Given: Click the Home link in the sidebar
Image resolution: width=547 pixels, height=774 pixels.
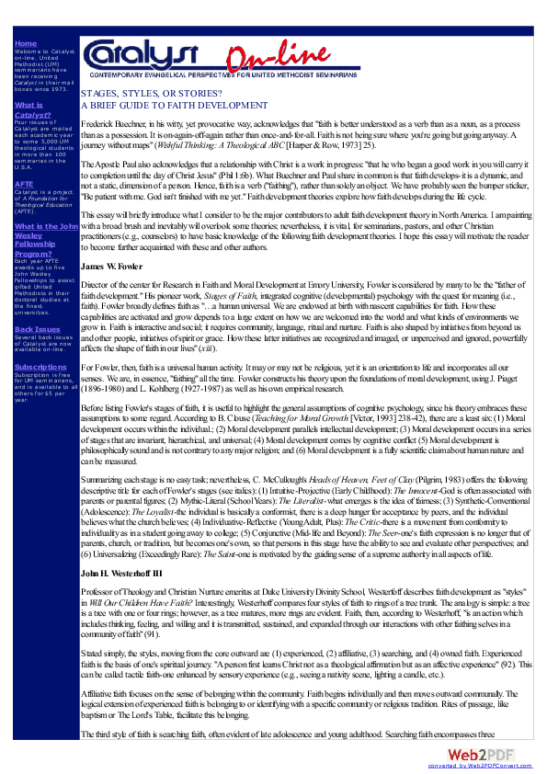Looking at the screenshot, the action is pyautogui.click(x=26, y=43).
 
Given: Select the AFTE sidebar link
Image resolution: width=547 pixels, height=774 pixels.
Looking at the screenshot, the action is pyautogui.click(x=25, y=184).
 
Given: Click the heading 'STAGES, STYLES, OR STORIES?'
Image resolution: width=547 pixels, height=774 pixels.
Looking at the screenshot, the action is pyautogui.click(x=151, y=95).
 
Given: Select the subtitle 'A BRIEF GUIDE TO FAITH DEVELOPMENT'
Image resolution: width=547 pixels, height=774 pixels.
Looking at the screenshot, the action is pyautogui.click(x=175, y=106).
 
